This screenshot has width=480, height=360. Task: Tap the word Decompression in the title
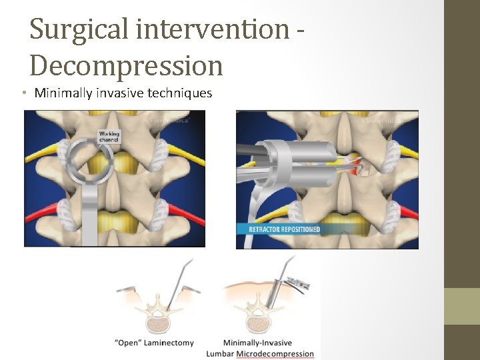coord(127,65)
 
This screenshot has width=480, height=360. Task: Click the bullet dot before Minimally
coord(23,93)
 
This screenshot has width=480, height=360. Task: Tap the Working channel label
coord(109,137)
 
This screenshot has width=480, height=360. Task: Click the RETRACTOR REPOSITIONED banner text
coord(284,229)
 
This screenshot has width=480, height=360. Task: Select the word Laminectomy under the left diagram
coord(169,343)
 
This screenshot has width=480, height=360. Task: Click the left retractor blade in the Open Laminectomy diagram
coord(131,289)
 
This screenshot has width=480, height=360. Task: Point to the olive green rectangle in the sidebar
coord(462,306)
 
